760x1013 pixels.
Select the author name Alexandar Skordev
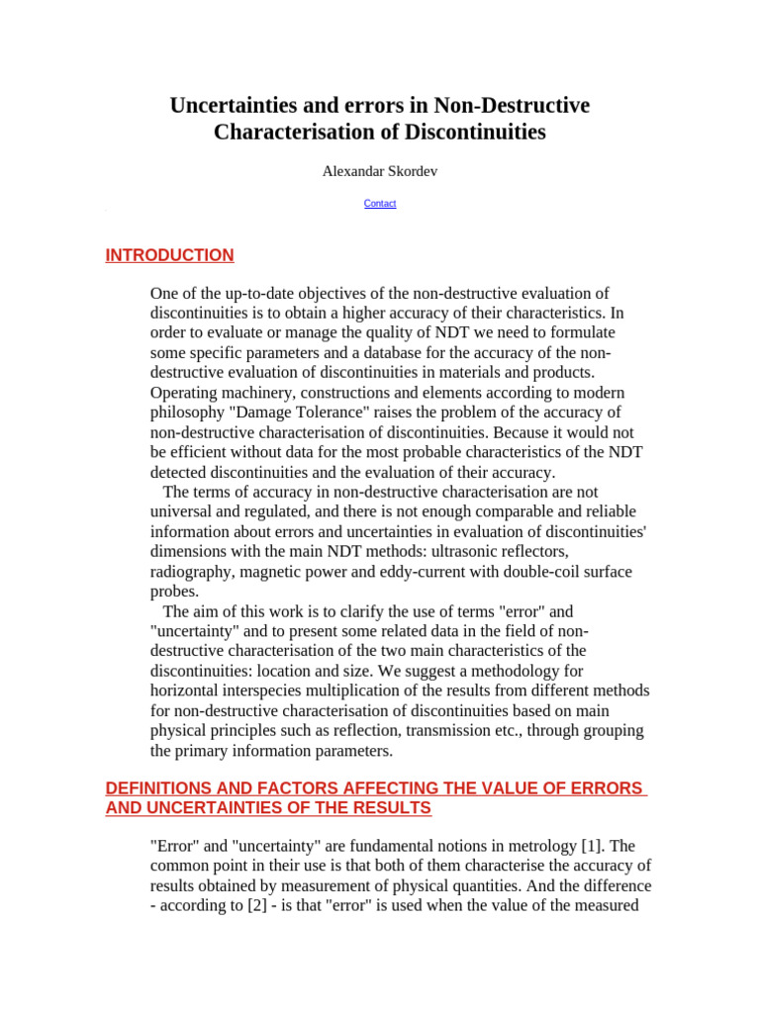(x=380, y=172)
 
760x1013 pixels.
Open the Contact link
(x=380, y=204)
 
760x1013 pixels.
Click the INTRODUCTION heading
(x=169, y=255)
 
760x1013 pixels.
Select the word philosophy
(x=188, y=413)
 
